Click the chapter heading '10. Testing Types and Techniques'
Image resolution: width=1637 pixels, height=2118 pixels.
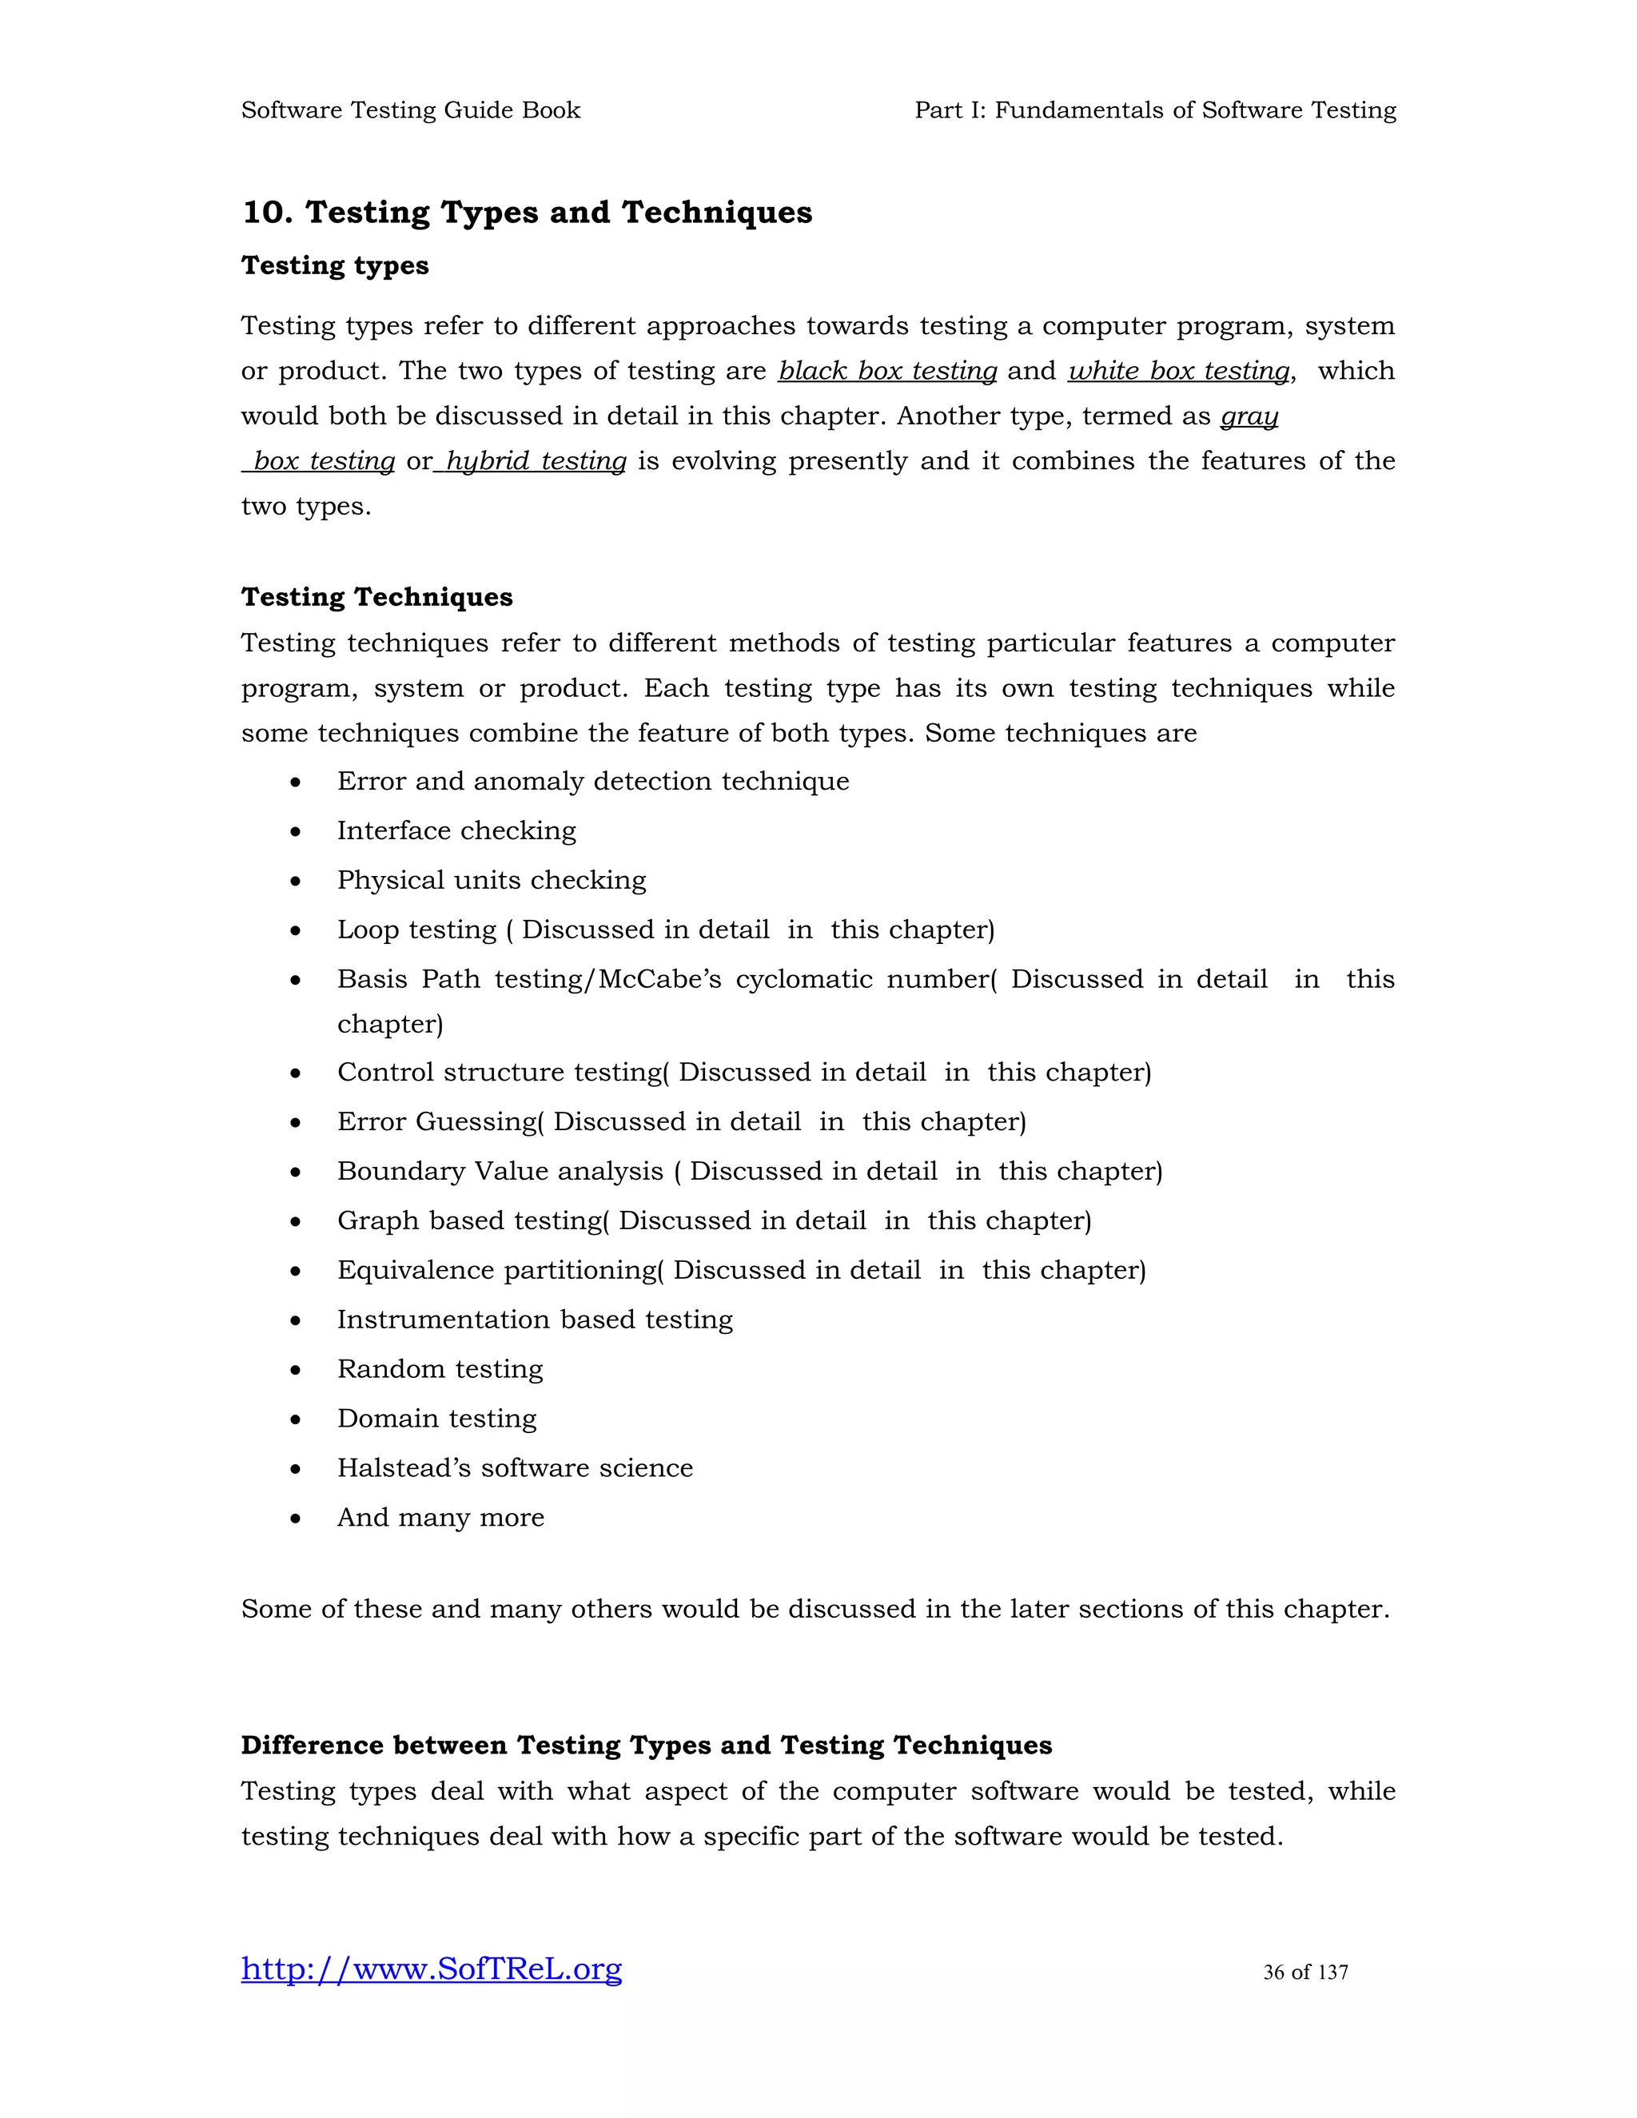point(527,213)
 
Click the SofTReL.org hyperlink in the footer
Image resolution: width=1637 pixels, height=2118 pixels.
point(432,1969)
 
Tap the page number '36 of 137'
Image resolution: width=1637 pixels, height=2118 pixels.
point(1305,1972)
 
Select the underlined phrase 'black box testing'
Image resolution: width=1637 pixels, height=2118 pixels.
point(887,371)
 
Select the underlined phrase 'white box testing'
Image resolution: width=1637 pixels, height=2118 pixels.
point(1179,371)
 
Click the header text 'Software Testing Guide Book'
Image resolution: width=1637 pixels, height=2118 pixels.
point(410,110)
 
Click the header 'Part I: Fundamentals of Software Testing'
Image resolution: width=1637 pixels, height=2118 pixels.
point(1155,110)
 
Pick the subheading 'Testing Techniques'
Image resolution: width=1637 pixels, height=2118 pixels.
point(376,596)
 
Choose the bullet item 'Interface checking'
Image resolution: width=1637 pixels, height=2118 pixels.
point(456,831)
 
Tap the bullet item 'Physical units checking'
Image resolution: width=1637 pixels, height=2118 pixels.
point(491,881)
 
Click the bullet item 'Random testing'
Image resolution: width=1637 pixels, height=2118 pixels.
point(440,1369)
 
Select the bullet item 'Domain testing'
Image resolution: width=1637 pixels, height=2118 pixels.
point(436,1419)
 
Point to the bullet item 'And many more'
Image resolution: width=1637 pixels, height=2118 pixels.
point(440,1518)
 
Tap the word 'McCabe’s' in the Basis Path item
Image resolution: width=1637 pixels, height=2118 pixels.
point(660,980)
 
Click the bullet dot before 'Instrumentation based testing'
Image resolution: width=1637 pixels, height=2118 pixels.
point(296,1321)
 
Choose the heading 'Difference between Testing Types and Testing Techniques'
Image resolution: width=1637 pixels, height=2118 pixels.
point(646,1746)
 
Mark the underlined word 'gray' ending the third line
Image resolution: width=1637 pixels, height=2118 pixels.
point(1249,416)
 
